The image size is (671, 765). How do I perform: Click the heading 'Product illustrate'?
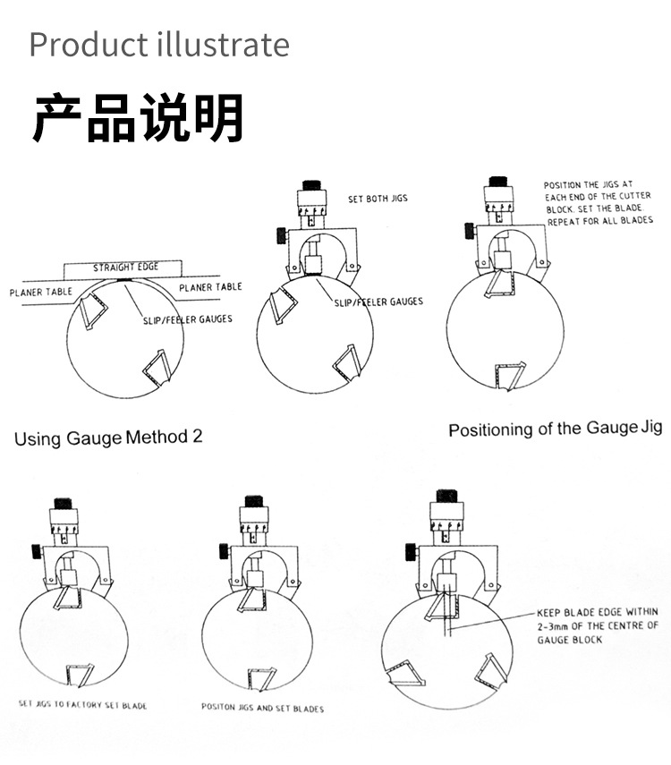[159, 44]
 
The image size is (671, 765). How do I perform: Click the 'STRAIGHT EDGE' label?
[125, 267]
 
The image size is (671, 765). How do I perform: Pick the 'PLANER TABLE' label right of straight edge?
[210, 287]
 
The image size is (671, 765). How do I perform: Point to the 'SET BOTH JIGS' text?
[378, 198]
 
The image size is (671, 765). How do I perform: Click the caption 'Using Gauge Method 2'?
[108, 438]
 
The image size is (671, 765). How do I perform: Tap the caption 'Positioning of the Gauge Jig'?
[555, 429]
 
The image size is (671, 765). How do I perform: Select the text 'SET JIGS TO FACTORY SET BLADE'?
[83, 705]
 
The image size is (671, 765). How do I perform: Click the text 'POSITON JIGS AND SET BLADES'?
[262, 709]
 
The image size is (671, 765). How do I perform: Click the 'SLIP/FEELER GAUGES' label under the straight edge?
[187, 319]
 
